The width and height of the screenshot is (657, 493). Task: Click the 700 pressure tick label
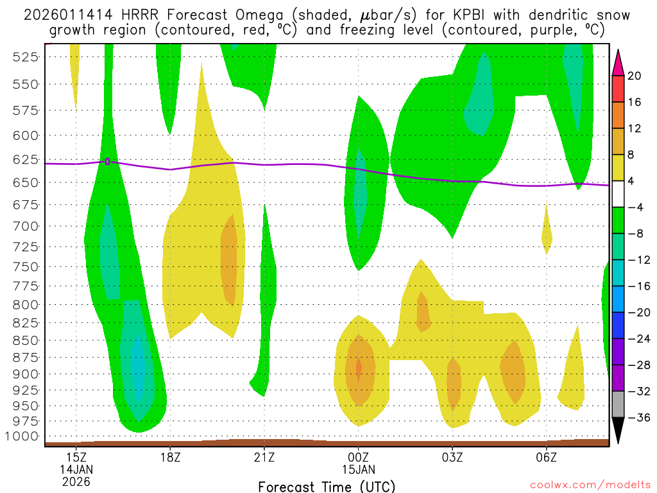pos(25,226)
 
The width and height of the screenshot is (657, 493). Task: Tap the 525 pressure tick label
pos(25,56)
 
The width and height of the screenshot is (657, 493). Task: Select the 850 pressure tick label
pos(25,340)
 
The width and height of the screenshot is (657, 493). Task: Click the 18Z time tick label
pos(170,458)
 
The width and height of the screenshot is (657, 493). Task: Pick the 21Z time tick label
pos(264,458)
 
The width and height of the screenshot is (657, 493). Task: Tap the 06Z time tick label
pos(546,458)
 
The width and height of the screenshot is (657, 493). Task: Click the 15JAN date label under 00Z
pos(358,469)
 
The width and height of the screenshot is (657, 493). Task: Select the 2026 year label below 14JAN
pos(76,481)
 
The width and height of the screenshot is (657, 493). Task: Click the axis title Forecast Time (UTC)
pos(327,486)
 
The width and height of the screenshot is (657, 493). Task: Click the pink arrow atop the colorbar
pos(619,62)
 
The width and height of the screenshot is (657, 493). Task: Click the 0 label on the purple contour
pos(107,161)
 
